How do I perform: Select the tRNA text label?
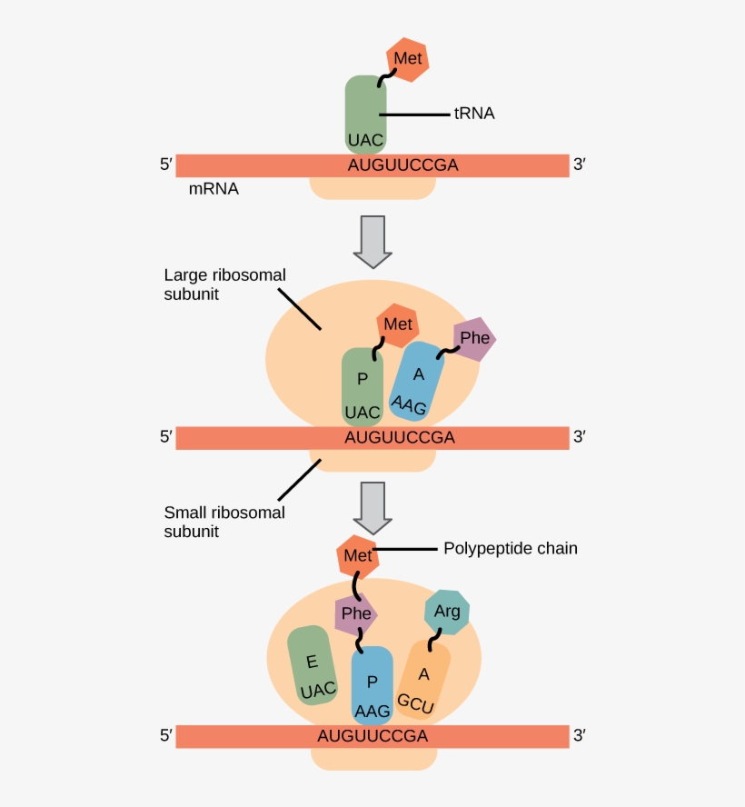point(473,115)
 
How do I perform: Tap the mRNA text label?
point(214,190)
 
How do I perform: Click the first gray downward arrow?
point(372,241)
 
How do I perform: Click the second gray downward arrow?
point(372,507)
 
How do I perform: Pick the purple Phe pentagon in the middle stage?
point(474,339)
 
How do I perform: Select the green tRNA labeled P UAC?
point(363,387)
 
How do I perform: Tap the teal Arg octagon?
point(447,612)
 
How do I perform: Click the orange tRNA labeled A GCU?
point(422,682)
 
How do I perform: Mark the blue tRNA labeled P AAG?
point(372,684)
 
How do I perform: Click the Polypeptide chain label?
point(510,549)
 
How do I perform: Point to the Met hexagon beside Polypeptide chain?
point(357,556)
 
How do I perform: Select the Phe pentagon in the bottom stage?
point(355,614)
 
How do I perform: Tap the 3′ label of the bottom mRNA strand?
point(579,736)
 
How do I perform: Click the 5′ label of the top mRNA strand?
point(165,165)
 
